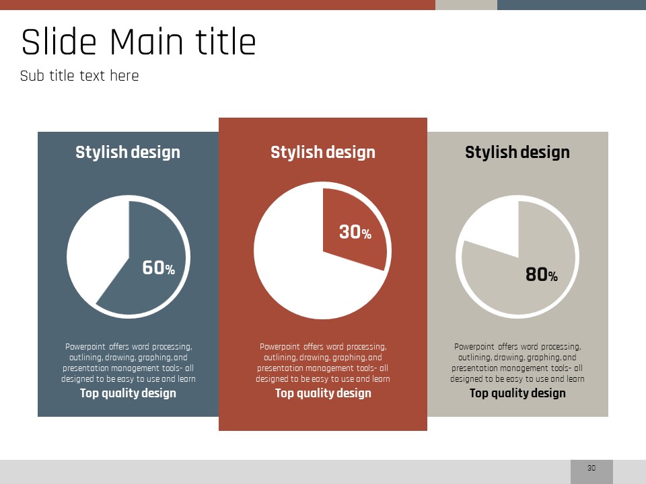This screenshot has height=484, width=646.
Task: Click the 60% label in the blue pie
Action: (x=159, y=268)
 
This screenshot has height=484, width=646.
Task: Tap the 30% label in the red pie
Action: (x=355, y=232)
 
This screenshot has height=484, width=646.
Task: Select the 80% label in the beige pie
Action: (x=541, y=274)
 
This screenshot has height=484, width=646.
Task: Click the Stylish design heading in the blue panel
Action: (x=128, y=153)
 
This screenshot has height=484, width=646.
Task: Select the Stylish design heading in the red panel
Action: (x=323, y=153)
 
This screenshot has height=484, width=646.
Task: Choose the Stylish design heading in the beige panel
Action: (x=517, y=153)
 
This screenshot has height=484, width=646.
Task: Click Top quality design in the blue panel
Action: (x=128, y=393)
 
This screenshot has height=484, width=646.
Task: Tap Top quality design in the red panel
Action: (x=323, y=393)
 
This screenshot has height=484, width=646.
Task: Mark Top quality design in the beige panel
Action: (x=517, y=393)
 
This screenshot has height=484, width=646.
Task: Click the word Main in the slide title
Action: (x=147, y=42)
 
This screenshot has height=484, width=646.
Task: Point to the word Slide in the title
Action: (x=59, y=42)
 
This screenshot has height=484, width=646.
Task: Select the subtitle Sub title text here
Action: (x=79, y=76)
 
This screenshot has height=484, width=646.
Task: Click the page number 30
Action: (x=591, y=468)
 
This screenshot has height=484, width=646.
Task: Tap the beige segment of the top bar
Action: (x=466, y=5)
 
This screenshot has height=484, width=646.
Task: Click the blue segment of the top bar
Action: (x=571, y=5)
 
